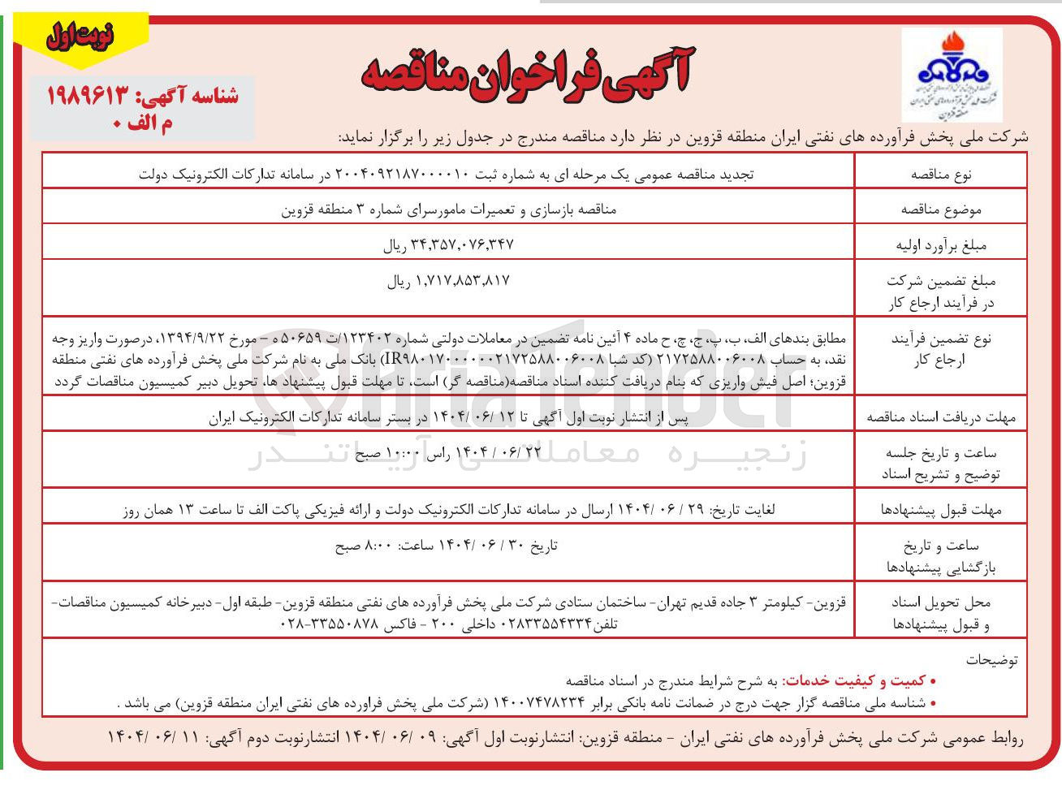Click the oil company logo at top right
[x=952, y=74]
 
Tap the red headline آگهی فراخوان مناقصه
[x=526, y=74]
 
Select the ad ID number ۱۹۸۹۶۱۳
[x=88, y=97]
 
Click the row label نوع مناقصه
[x=941, y=174]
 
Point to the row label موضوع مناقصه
[x=941, y=209]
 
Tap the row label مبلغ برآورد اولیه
[x=941, y=245]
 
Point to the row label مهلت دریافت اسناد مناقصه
[x=941, y=417]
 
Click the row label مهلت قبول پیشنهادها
[x=941, y=510]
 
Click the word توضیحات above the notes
[x=991, y=660]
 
